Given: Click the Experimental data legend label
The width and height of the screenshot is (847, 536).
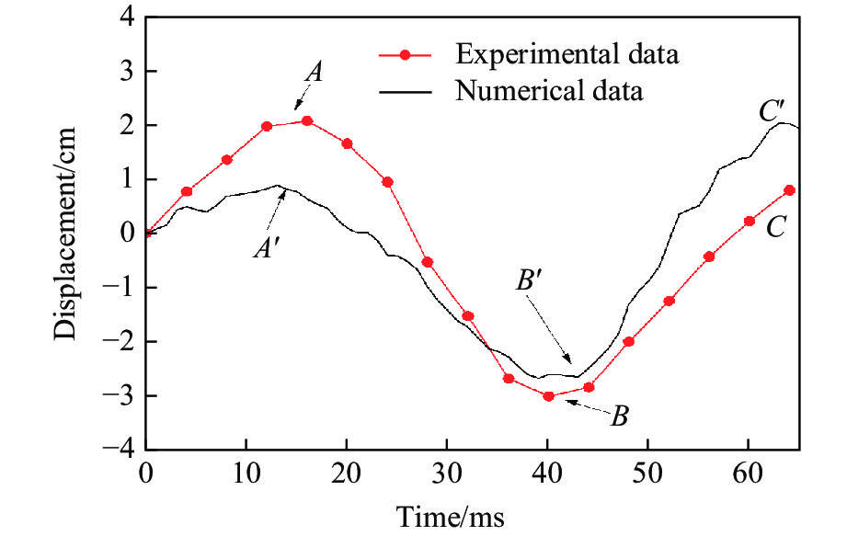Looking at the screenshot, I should point(567,54).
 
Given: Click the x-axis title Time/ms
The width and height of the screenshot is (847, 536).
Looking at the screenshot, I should point(451,516).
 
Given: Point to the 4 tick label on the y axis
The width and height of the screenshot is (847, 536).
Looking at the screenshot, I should point(127,17).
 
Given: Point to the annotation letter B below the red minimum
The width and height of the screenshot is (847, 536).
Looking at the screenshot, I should point(619,416).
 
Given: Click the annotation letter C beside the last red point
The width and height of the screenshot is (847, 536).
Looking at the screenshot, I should point(775,229).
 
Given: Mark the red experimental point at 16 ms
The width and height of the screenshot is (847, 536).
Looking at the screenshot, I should point(306,121).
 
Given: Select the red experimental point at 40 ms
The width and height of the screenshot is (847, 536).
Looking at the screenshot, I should point(548,396).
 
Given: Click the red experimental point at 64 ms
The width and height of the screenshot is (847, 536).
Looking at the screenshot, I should point(789,190).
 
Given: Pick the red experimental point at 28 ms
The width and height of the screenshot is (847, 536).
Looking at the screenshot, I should point(427,262).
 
